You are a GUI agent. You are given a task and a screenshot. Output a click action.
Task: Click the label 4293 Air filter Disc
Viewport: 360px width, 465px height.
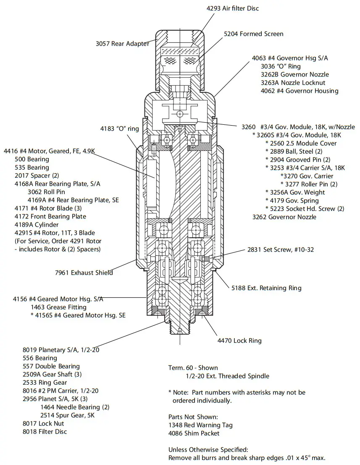(232, 8)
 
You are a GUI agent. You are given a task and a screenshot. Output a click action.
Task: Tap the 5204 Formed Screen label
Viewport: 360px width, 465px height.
(253, 34)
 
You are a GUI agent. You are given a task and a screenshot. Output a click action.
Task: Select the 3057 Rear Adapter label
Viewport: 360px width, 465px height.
(123, 44)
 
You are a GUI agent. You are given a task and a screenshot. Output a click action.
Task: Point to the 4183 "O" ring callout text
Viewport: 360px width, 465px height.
(119, 129)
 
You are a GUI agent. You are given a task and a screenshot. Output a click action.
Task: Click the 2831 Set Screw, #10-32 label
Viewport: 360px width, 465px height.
(280, 250)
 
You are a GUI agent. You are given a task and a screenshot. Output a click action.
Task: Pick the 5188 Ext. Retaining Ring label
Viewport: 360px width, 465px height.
(266, 288)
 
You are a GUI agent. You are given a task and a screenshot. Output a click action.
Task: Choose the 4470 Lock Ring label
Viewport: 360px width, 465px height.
(239, 341)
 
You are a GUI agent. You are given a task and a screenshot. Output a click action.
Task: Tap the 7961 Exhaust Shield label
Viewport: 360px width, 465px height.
(84, 273)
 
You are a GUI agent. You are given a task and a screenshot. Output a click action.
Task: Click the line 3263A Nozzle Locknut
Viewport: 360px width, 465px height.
(293, 83)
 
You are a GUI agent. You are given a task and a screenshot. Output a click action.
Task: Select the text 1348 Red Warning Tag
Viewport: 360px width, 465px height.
(200, 425)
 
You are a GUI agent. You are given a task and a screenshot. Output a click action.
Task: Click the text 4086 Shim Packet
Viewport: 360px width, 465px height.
(194, 433)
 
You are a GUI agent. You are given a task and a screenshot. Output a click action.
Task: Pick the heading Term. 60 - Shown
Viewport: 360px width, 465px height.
(193, 368)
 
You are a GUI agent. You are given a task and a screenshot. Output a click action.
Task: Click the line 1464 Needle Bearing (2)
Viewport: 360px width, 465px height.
(75, 407)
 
